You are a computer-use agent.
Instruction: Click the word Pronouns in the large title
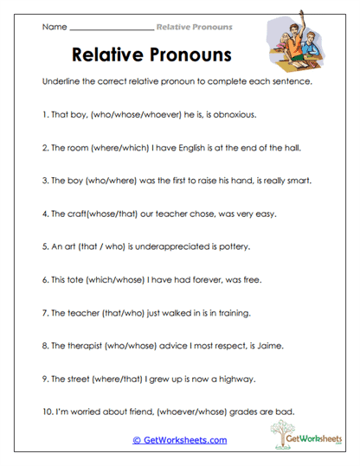184,56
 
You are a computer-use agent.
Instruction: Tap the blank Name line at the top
111,28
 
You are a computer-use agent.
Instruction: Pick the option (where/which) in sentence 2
110,148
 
